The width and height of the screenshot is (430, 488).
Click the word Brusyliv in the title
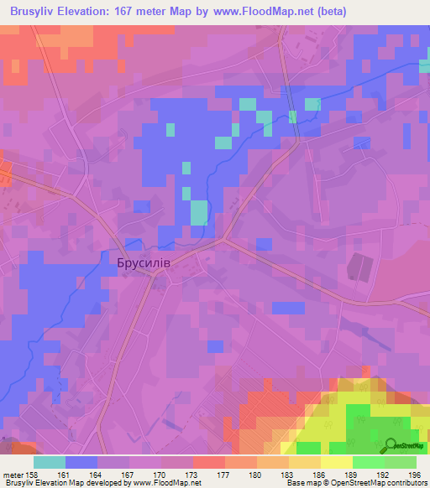[36, 10]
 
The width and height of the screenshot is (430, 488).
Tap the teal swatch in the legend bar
[49, 462]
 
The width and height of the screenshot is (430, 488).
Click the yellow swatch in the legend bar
[336, 462]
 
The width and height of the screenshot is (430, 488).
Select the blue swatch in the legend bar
[81, 462]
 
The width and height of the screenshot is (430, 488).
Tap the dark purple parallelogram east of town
[358, 267]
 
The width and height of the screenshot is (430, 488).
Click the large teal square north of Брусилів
[199, 212]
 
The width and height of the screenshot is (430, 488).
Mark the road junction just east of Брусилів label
[223, 240]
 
